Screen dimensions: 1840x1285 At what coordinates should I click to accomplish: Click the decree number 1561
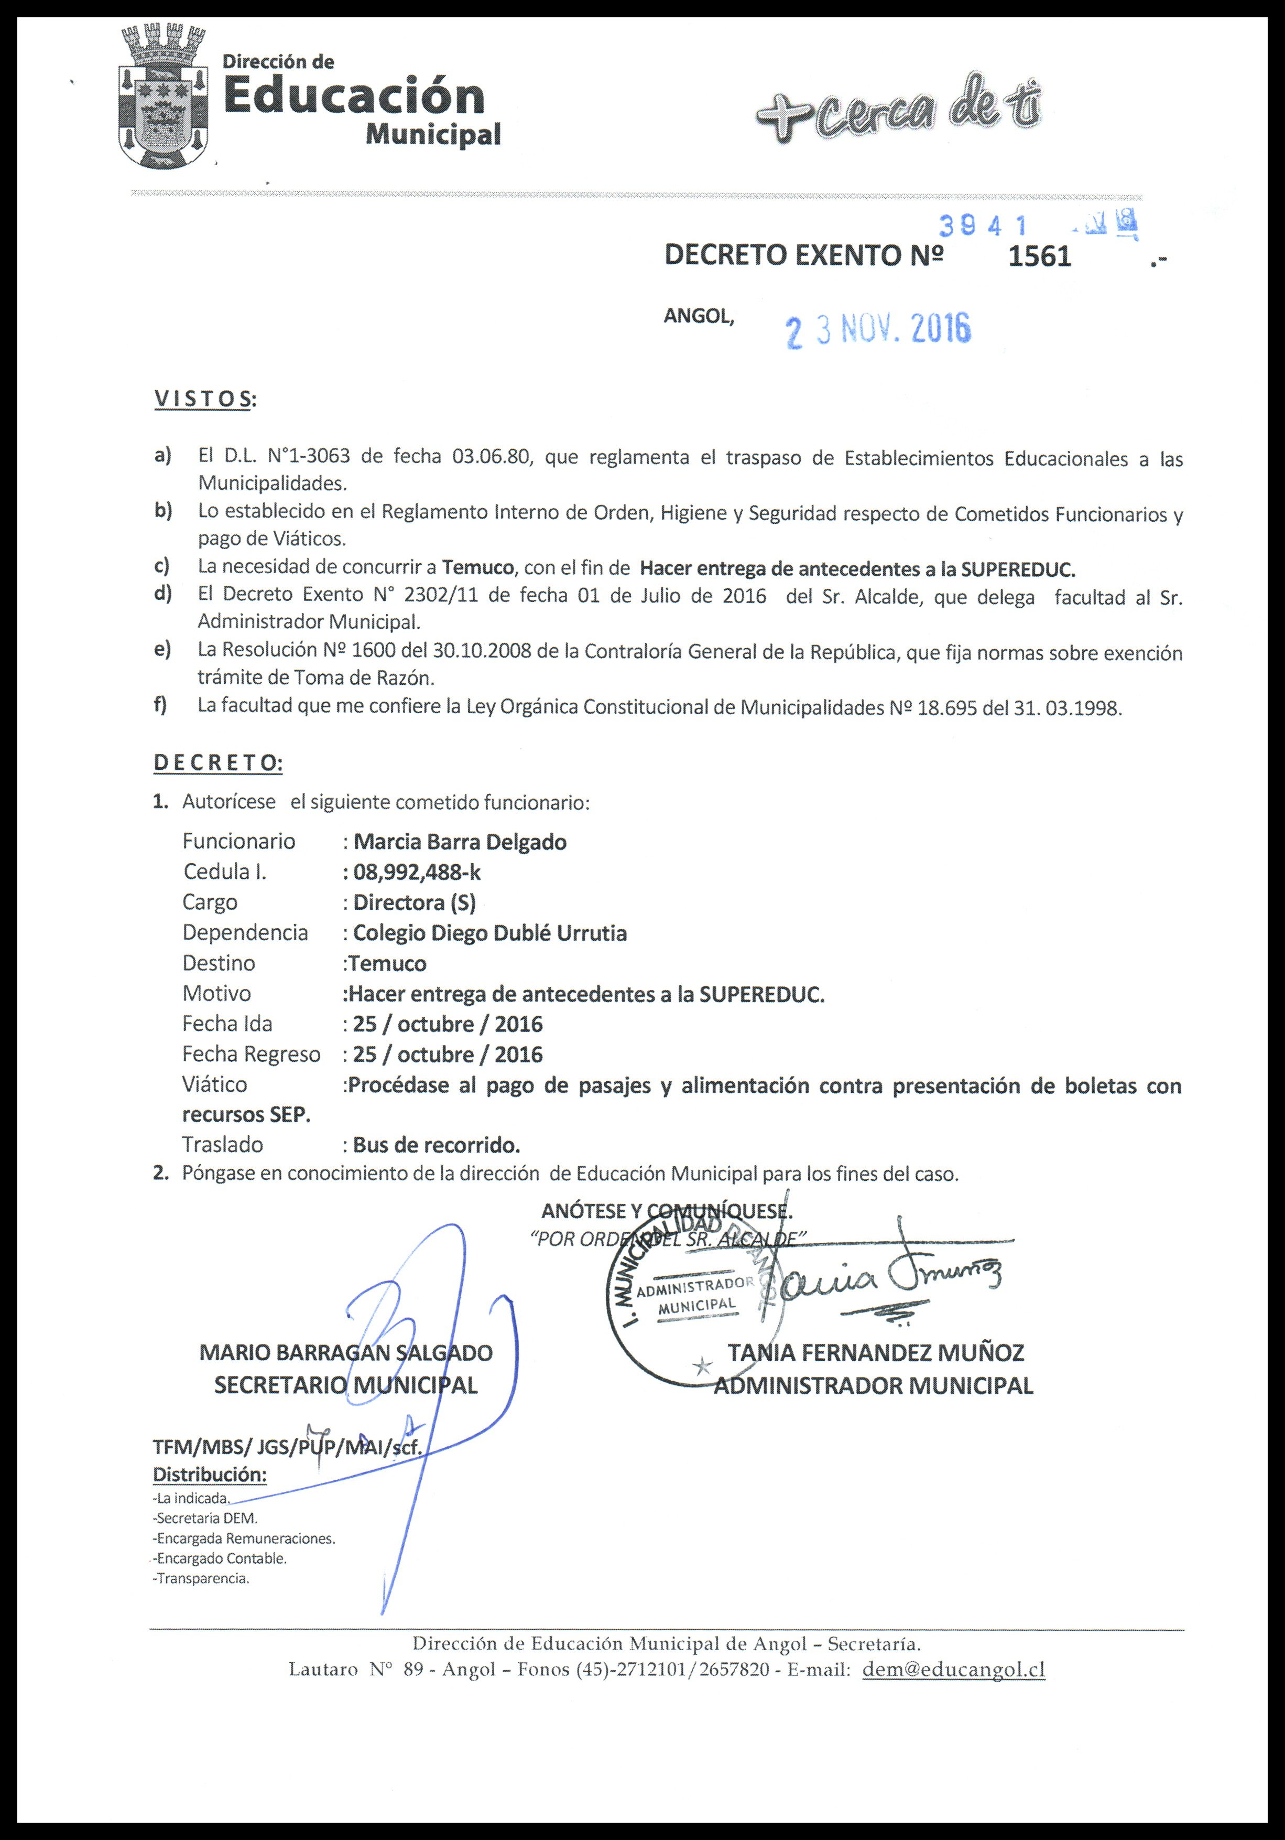(x=1039, y=256)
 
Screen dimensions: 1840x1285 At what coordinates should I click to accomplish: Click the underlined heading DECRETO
(x=217, y=763)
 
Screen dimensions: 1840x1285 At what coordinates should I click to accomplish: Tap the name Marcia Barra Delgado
(x=460, y=842)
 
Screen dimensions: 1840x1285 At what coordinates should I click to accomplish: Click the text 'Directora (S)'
(x=414, y=902)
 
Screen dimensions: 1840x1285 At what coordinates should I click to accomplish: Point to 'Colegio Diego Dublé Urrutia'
(x=489, y=933)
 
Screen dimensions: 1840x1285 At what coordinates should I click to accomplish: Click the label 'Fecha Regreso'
(x=251, y=1054)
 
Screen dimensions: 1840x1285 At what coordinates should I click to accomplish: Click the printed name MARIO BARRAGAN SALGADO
(x=345, y=1353)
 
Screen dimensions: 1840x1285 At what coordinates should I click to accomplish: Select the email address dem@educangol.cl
(x=953, y=1669)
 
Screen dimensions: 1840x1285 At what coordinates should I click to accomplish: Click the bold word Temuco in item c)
(x=477, y=568)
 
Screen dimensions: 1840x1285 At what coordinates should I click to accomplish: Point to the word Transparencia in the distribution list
(x=203, y=1579)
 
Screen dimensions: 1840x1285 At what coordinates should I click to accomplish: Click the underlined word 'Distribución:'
(x=210, y=1475)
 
